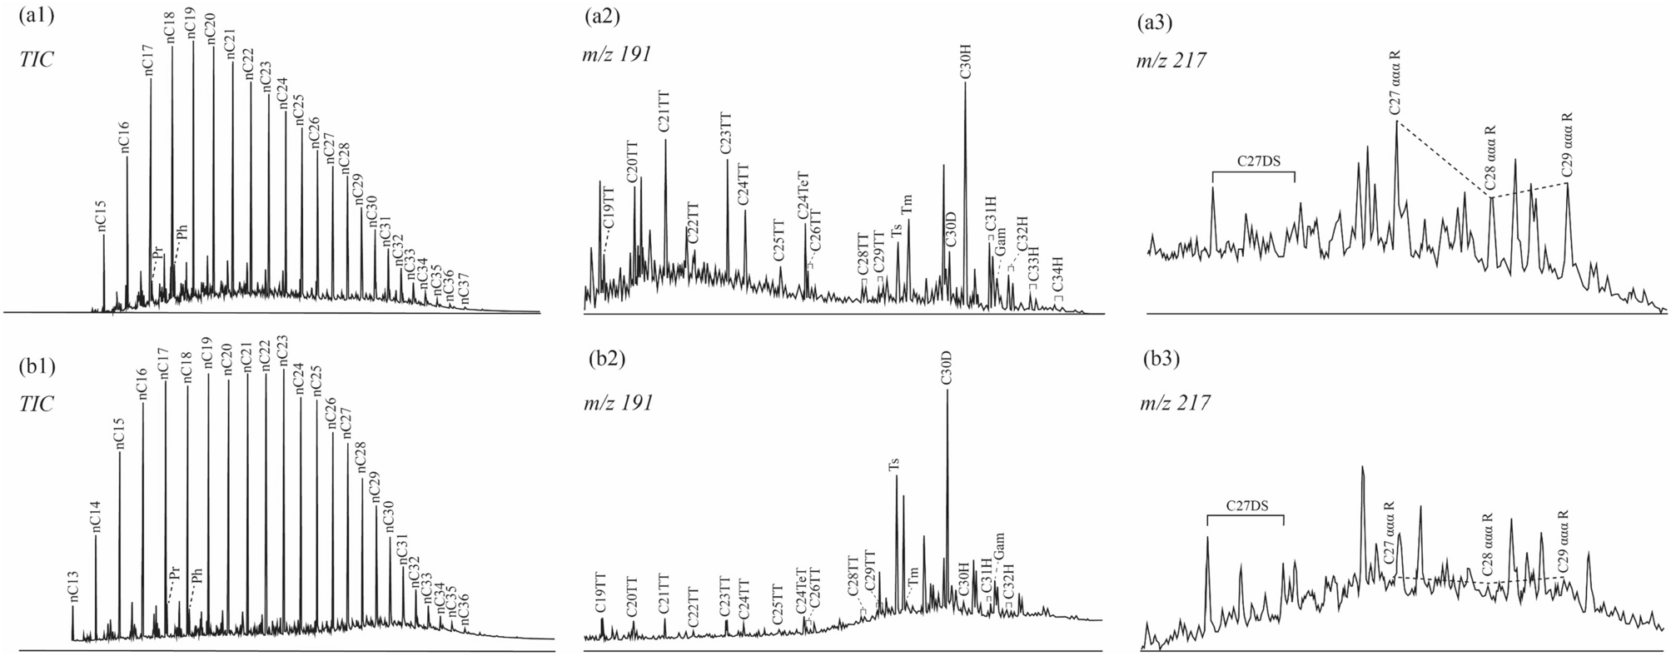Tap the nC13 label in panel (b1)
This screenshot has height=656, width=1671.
coord(72,585)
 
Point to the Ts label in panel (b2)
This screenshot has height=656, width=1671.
coord(895,465)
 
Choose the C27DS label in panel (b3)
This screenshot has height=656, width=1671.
coord(1246,504)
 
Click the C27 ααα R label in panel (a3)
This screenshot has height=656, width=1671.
coord(1395,85)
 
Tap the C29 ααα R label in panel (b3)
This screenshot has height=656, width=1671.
coord(1561,541)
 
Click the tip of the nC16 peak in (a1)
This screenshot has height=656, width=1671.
coord(127,157)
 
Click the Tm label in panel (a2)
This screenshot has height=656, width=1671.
coord(908,204)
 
